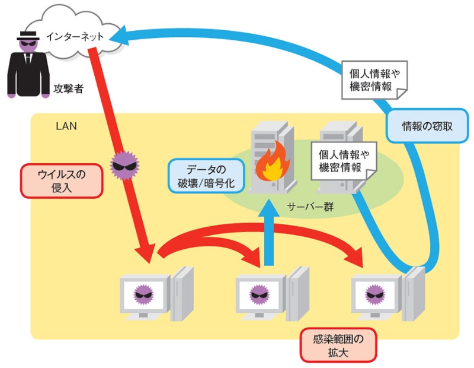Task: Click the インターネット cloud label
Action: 75,37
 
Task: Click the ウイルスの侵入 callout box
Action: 62,180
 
